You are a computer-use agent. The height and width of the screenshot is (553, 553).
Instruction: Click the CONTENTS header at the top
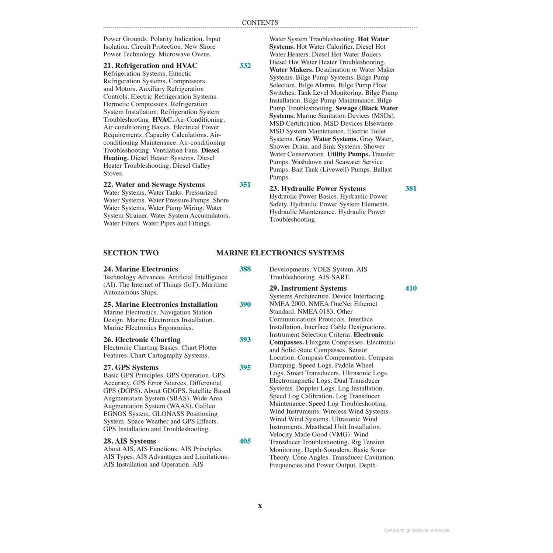(x=260, y=22)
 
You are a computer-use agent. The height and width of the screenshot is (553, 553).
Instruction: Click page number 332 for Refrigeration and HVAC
(x=245, y=66)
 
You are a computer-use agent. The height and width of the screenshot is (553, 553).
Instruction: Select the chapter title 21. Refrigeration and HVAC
(x=150, y=66)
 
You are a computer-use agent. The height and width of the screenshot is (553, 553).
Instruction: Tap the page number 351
(x=245, y=185)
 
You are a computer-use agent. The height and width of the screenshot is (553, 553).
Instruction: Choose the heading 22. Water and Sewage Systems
(x=154, y=185)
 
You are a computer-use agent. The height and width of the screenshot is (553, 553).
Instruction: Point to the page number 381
(x=411, y=189)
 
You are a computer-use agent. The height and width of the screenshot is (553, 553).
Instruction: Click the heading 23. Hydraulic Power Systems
(x=317, y=189)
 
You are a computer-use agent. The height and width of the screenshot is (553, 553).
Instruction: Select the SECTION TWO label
(x=131, y=253)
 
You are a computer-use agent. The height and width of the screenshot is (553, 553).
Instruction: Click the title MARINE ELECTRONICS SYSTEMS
(x=280, y=253)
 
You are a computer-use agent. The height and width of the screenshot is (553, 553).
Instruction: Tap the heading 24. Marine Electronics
(x=140, y=269)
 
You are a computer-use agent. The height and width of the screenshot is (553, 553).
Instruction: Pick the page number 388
(x=245, y=269)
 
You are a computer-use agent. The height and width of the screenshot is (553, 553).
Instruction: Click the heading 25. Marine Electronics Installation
(x=160, y=305)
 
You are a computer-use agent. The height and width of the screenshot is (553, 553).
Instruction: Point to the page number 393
(x=245, y=340)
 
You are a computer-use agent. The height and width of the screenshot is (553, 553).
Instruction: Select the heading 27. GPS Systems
(x=131, y=368)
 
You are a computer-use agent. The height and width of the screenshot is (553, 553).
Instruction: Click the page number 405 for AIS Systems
(x=245, y=441)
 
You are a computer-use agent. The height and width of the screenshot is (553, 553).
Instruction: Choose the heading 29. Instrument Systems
(x=308, y=288)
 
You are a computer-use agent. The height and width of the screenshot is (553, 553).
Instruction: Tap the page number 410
(x=411, y=288)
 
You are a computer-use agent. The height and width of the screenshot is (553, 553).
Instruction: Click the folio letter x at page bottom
(x=260, y=506)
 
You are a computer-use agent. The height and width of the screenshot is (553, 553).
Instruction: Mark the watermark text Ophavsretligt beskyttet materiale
(x=417, y=531)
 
